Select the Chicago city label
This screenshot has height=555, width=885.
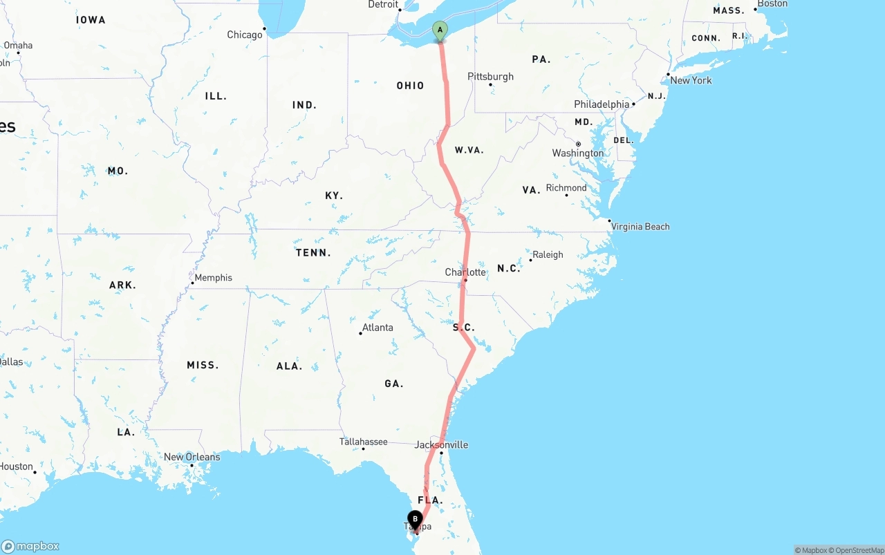tap(245, 35)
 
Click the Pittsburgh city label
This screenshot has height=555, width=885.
tap(490, 76)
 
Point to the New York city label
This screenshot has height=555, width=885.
tap(691, 80)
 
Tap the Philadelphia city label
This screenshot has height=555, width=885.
tap(602, 104)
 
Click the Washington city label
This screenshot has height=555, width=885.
tap(577, 153)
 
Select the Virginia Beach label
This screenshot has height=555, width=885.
tap(640, 226)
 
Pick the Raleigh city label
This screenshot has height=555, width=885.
tap(548, 254)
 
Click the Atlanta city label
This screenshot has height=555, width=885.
tap(378, 328)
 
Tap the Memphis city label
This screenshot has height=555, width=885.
tap(213, 278)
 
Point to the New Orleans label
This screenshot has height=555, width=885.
tap(192, 457)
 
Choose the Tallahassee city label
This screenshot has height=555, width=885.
tap(363, 442)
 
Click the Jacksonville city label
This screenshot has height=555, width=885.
tap(441, 444)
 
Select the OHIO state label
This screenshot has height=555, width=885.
tap(410, 86)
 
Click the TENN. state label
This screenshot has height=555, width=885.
tap(313, 253)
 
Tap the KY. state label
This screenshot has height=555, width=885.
tap(334, 196)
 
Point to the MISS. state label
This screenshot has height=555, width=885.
tap(203, 365)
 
